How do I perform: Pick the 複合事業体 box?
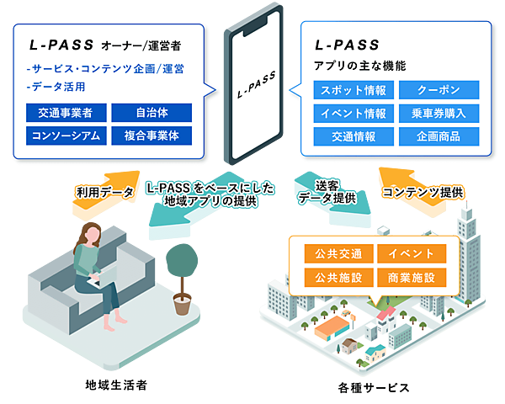(x=151, y=135)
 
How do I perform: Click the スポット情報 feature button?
(x=353, y=90)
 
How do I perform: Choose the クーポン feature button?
(x=437, y=90)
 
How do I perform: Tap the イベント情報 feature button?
(x=353, y=113)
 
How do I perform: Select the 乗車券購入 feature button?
(x=437, y=113)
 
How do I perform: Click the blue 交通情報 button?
(x=353, y=136)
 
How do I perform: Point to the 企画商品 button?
(x=437, y=136)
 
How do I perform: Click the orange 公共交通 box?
(x=331, y=254)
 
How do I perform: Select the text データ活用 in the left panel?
(x=58, y=87)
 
